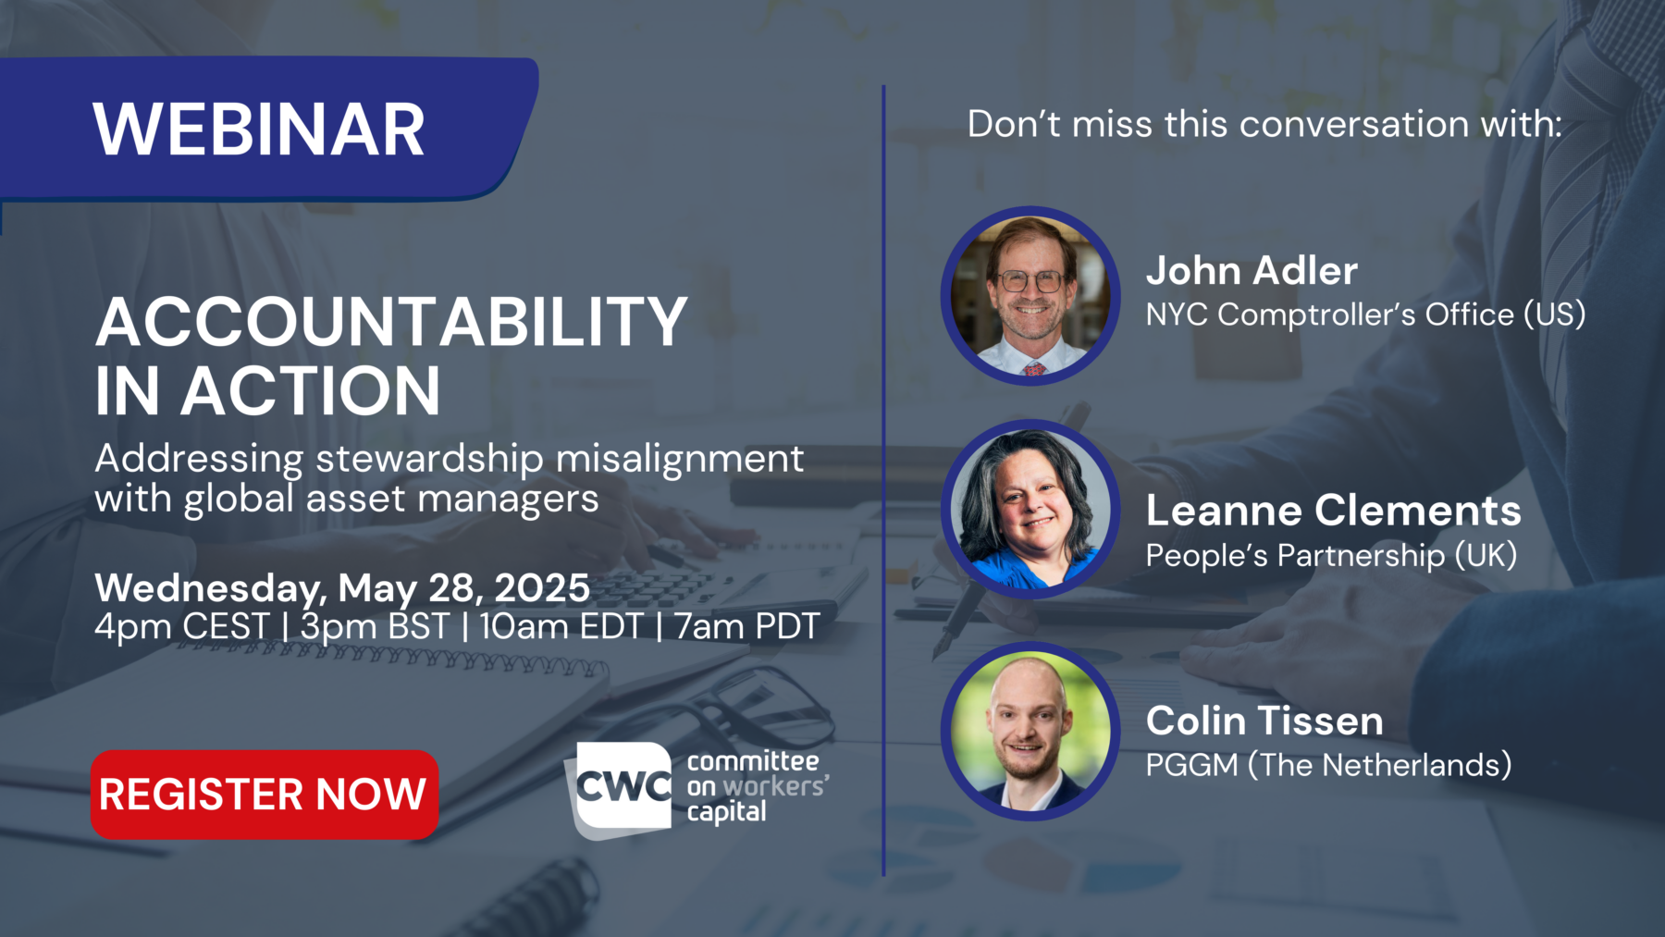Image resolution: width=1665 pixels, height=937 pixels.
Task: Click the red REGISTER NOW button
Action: point(264,795)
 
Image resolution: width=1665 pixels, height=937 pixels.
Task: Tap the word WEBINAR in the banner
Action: point(259,129)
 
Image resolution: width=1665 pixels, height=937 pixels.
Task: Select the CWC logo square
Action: point(622,787)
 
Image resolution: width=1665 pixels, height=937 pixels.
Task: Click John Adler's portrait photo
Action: point(1030,296)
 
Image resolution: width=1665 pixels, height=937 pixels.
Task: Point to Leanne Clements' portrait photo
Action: point(1030,509)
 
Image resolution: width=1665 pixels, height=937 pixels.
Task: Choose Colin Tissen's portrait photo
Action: point(1030,731)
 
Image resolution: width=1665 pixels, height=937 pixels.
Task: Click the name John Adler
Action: point(1252,271)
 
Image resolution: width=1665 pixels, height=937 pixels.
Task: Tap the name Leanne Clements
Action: point(1333,511)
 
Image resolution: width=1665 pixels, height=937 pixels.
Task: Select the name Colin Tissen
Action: point(1264,721)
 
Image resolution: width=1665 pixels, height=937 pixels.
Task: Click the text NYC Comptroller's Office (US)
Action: point(1365,315)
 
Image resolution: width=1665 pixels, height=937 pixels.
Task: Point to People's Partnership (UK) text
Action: point(1331,556)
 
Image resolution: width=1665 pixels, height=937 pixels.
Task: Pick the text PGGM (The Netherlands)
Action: point(1328,766)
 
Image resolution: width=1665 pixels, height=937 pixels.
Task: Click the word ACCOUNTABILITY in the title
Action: point(391,323)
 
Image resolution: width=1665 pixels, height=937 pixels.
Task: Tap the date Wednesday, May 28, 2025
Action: point(342,588)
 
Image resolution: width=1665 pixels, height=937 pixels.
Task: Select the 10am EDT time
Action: point(561,627)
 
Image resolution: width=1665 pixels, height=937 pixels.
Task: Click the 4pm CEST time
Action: point(181,627)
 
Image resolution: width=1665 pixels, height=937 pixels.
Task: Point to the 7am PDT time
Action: point(747,627)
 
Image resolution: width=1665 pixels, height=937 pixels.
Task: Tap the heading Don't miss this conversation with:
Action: point(1264,124)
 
